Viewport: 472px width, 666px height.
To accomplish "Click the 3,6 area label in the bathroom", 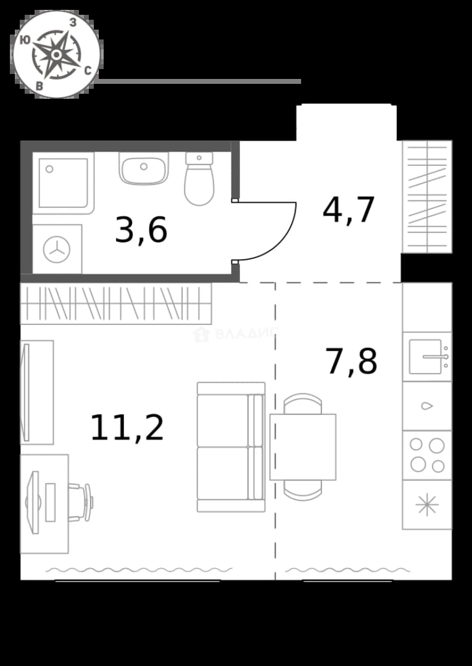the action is pyautogui.click(x=141, y=231).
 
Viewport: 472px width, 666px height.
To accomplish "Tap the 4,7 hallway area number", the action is pyautogui.click(x=349, y=210).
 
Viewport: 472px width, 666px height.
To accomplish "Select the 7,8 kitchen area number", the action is pyautogui.click(x=351, y=361).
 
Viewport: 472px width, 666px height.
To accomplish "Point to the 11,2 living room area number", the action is pyautogui.click(x=127, y=428).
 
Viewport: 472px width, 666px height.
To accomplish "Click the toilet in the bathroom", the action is pyautogui.click(x=199, y=178).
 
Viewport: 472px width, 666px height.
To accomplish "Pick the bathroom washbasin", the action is pyautogui.click(x=144, y=168).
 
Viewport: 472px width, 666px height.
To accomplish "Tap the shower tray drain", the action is pyautogui.click(x=49, y=169).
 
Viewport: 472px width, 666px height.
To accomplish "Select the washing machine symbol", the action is pyautogui.click(x=57, y=250).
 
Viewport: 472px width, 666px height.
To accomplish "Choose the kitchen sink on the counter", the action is pyautogui.click(x=427, y=357).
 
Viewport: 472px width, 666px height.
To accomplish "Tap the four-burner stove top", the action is pyautogui.click(x=427, y=455).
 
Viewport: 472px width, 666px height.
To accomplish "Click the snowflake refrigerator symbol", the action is pyautogui.click(x=427, y=505).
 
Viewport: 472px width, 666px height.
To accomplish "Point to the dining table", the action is pyautogui.click(x=303, y=447).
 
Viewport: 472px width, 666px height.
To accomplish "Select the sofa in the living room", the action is pyautogui.click(x=231, y=447).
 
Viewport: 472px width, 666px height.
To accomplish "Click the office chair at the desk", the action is pyautogui.click(x=81, y=502).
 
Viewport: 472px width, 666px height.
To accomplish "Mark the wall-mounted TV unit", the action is pyautogui.click(x=37, y=392).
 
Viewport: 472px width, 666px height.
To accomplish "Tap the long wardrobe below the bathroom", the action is pyautogui.click(x=116, y=303).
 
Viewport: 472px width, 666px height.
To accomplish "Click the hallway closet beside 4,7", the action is pyautogui.click(x=427, y=197).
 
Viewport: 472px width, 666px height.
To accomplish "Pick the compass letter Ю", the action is pyautogui.click(x=25, y=40).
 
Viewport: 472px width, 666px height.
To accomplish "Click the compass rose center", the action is pyautogui.click(x=56, y=54).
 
